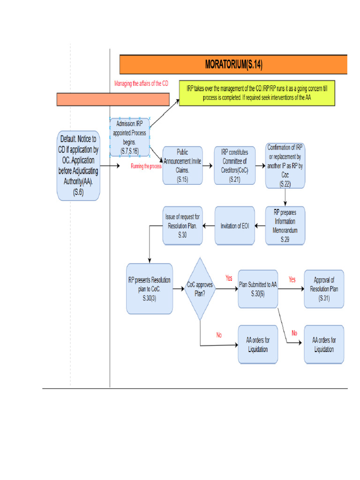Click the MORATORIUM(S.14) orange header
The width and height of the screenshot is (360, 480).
(x=233, y=64)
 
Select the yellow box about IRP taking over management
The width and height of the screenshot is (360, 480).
(x=257, y=93)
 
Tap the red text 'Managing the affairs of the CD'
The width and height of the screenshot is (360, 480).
(x=141, y=83)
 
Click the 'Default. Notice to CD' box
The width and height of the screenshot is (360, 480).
(x=78, y=165)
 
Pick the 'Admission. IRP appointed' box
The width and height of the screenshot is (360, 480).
(x=130, y=137)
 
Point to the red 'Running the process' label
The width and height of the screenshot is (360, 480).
(x=146, y=166)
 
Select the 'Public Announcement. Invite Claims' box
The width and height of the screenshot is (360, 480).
(x=182, y=165)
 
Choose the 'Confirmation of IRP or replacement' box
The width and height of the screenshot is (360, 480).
(x=285, y=165)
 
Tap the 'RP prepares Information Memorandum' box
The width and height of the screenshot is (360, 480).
(x=285, y=225)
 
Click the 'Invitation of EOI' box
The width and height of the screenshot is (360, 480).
(x=234, y=225)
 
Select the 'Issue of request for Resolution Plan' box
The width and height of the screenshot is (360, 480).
(x=182, y=225)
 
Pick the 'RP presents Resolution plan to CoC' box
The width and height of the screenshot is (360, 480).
(x=150, y=289)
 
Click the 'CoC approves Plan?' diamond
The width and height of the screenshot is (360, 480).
(x=201, y=289)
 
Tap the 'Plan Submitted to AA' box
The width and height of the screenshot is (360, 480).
(x=258, y=289)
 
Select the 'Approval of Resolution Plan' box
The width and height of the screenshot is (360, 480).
(x=323, y=289)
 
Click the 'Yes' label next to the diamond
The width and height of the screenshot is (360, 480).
(x=229, y=278)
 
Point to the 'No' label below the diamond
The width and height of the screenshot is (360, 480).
(x=219, y=335)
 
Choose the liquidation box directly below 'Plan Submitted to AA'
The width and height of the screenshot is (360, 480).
(x=258, y=345)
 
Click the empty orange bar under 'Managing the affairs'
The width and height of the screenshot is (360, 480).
(x=112, y=99)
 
